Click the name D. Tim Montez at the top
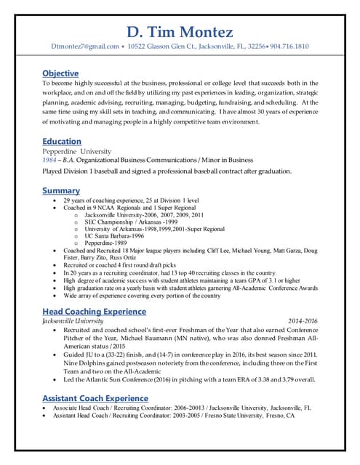[x=180, y=32]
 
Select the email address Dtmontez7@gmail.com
[x=84, y=46]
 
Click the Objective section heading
[x=60, y=73]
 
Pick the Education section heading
[x=62, y=141]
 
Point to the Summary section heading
[x=61, y=190]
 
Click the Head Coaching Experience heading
[x=94, y=311]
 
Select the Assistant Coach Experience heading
[x=95, y=398]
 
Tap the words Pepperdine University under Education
[x=76, y=151]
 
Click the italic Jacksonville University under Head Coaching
[x=73, y=320]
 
